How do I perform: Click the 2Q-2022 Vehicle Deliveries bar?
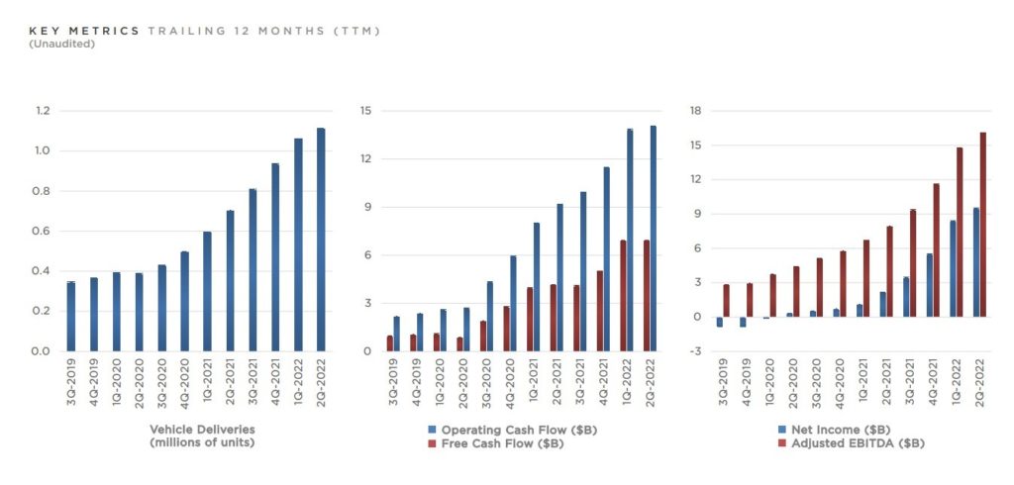click(321, 240)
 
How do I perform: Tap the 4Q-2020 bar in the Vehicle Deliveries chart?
click(184, 301)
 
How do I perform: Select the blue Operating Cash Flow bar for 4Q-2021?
click(606, 259)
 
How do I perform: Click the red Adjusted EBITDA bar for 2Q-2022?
click(983, 225)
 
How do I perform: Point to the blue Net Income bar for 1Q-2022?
click(953, 268)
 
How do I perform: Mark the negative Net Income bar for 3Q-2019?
click(720, 322)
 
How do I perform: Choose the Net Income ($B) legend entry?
click(830, 430)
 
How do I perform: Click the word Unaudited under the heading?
click(62, 45)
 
